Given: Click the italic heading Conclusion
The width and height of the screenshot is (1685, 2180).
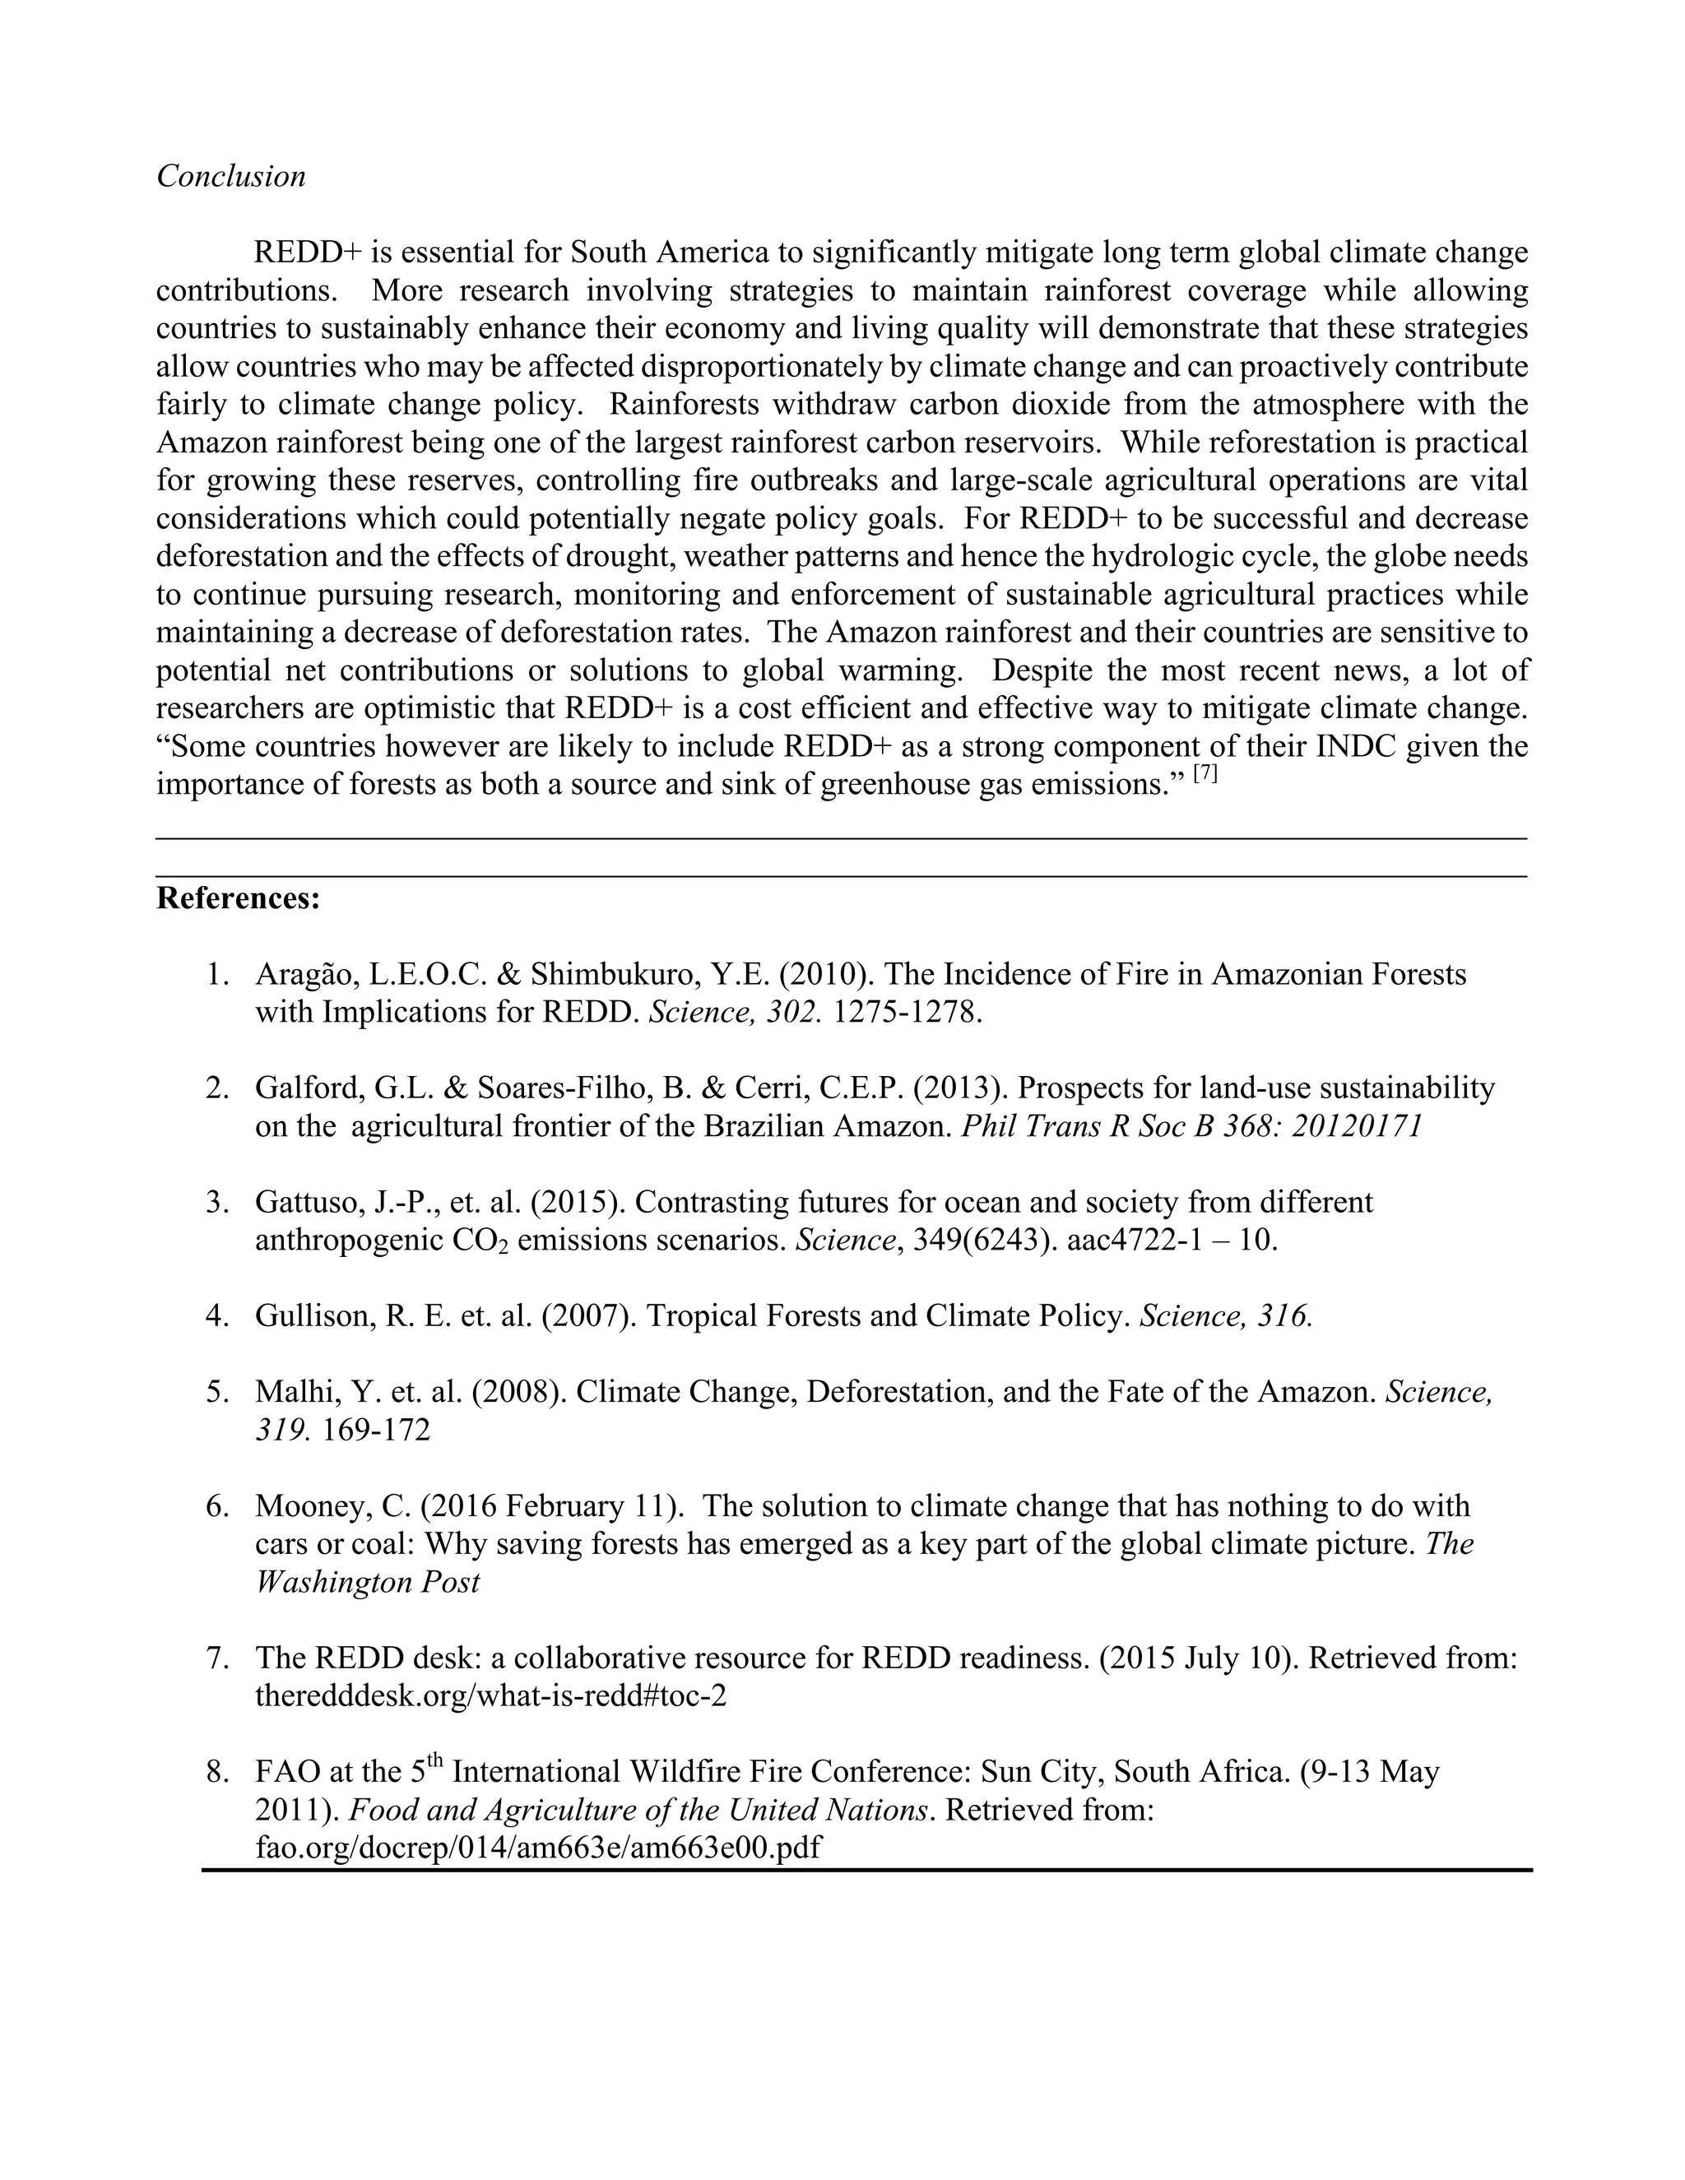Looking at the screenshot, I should click(230, 177).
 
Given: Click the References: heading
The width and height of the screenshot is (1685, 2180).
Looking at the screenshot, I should click(239, 898).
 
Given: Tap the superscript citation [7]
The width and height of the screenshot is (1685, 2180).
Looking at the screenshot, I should click(1206, 773).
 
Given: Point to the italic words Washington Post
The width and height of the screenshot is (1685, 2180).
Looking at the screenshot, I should click(367, 1582).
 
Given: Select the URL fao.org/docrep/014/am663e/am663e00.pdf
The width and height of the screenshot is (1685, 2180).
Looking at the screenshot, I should click(537, 1848).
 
